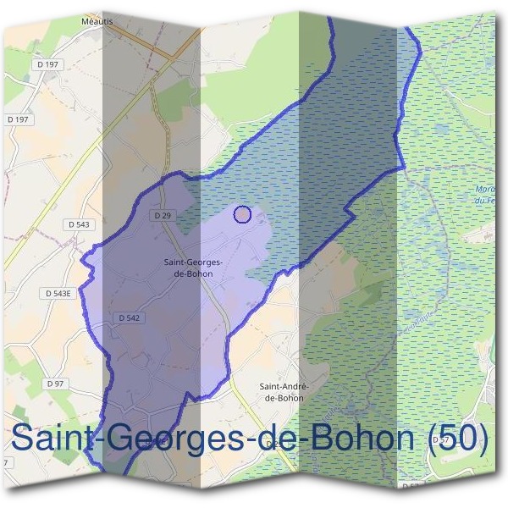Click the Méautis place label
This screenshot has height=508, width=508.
pyautogui.click(x=97, y=19)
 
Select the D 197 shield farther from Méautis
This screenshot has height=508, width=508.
pyautogui.click(x=17, y=119)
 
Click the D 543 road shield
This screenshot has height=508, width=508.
pyautogui.click(x=78, y=224)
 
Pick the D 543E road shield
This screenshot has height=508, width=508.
pyautogui.click(x=58, y=293)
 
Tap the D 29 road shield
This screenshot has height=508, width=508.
pyautogui.click(x=163, y=216)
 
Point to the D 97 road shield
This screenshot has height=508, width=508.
pyautogui.click(x=55, y=384)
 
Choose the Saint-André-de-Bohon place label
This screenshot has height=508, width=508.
pyautogui.click(x=284, y=391)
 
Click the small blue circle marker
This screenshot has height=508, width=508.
pyautogui.click(x=242, y=214)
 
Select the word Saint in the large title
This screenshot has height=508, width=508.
pyautogui.click(x=51, y=440)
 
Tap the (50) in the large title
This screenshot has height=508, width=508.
pyautogui.click(x=458, y=440)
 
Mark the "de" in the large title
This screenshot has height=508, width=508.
pyautogui.click(x=278, y=440)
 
